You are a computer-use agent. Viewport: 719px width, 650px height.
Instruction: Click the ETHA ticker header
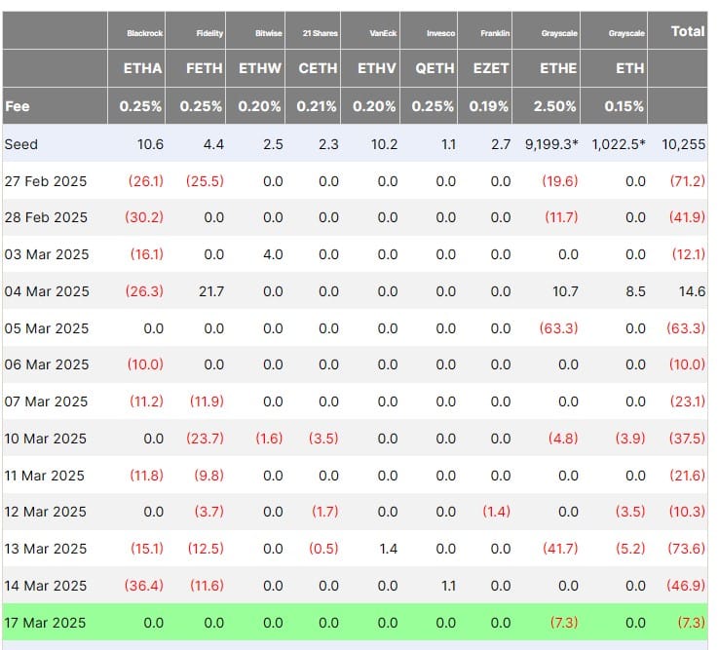click(x=141, y=68)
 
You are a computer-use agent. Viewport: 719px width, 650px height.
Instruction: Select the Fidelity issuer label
click(x=209, y=33)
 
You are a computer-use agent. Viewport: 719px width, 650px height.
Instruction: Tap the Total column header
click(x=688, y=31)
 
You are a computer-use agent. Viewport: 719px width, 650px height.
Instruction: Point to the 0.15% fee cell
click(x=624, y=106)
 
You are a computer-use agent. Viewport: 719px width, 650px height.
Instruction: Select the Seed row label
click(x=21, y=144)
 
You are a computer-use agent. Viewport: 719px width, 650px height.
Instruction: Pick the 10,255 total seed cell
click(x=684, y=144)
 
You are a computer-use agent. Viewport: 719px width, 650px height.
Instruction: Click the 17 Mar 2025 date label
click(x=45, y=622)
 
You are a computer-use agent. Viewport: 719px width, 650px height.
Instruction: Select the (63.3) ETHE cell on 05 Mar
click(x=559, y=327)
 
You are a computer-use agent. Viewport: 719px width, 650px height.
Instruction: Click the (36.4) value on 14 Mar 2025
click(x=146, y=586)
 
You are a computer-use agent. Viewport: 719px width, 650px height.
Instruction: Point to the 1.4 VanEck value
click(x=388, y=549)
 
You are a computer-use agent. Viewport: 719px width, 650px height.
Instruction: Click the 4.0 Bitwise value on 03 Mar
click(x=273, y=254)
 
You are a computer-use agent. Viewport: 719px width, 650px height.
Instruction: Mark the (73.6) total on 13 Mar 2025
click(x=685, y=549)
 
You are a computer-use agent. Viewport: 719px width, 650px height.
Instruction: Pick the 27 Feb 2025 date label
click(x=45, y=180)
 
